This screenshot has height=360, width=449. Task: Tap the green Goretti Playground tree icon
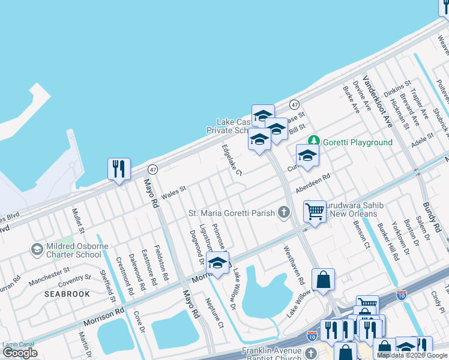click(x=313, y=142)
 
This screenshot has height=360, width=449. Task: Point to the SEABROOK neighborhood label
click(x=67, y=294)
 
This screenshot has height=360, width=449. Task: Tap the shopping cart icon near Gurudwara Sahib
click(x=315, y=211)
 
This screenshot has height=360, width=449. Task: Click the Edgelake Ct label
click(x=231, y=160)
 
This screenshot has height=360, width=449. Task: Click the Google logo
click(x=20, y=353)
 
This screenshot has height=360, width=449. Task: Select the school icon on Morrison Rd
click(x=218, y=263)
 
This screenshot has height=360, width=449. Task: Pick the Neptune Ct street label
click(x=214, y=313)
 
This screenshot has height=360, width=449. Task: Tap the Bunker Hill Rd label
click(x=388, y=241)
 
